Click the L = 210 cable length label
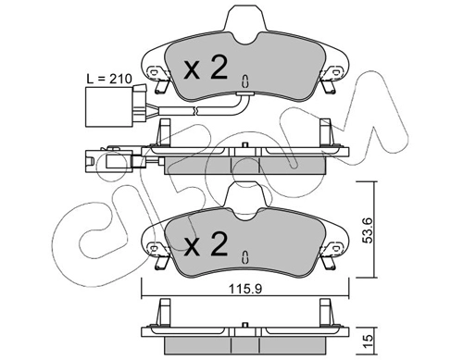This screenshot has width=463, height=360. [x=109, y=79]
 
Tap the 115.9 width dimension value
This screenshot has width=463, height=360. [x=245, y=289]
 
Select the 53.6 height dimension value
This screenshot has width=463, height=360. [x=369, y=230]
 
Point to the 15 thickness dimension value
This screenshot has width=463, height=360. [x=369, y=341]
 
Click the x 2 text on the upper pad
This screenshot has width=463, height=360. [x=206, y=67]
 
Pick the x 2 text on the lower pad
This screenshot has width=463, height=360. [x=206, y=243]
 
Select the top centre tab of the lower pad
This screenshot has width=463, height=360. [x=245, y=201]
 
